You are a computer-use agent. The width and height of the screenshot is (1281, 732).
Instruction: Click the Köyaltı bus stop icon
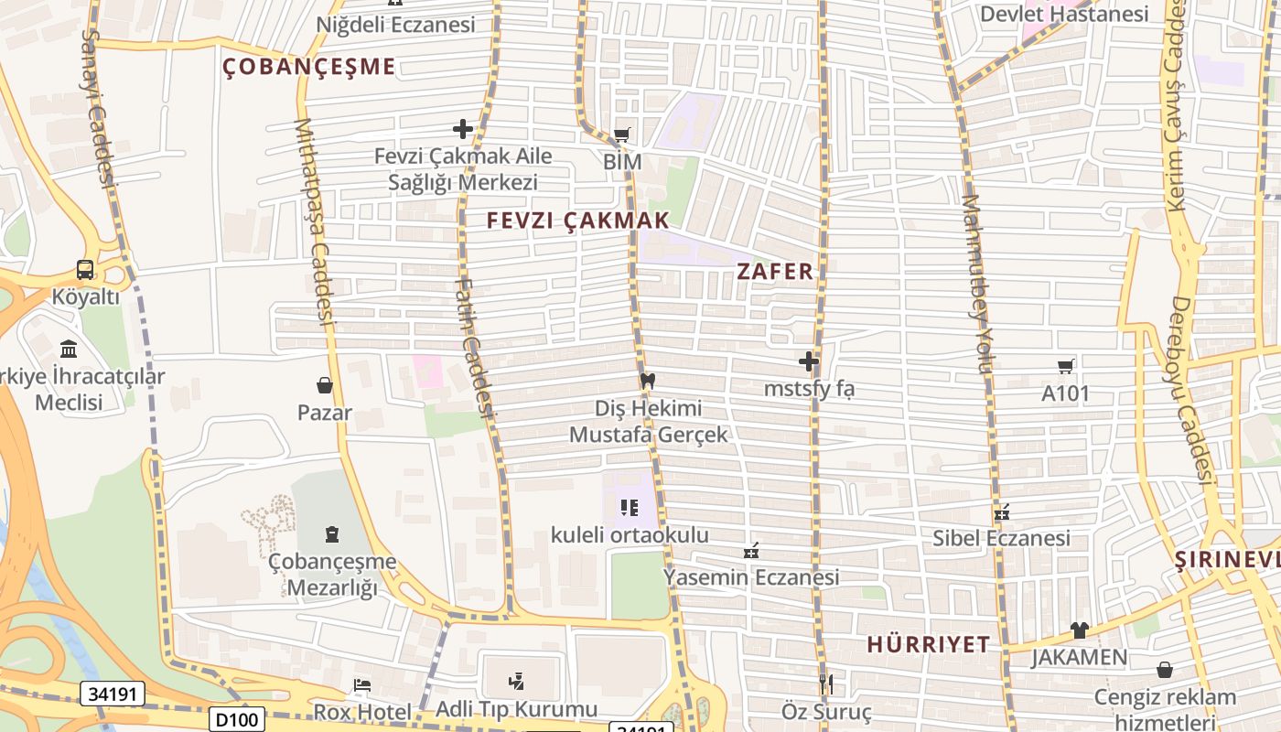click(x=85, y=270)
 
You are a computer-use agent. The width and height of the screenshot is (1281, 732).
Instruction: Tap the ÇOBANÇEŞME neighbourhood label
click(x=309, y=66)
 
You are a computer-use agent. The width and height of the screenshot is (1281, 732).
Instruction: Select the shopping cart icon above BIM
click(x=622, y=135)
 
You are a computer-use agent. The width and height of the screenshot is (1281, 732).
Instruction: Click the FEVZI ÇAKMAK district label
click(x=577, y=221)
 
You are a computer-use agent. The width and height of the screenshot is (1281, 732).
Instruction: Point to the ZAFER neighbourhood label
click(x=775, y=271)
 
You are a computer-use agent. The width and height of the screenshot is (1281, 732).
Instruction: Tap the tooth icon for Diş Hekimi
click(x=648, y=381)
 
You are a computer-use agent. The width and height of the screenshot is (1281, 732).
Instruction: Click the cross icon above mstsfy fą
click(x=809, y=361)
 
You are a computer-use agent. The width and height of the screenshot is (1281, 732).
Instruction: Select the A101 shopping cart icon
click(x=1065, y=367)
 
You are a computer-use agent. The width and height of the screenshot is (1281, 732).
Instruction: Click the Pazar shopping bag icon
click(x=324, y=385)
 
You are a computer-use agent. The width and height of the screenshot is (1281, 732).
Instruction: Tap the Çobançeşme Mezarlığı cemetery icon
click(x=331, y=534)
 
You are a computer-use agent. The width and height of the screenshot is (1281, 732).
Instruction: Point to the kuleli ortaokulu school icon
click(x=629, y=508)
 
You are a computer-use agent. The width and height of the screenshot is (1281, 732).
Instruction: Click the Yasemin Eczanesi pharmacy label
click(x=751, y=577)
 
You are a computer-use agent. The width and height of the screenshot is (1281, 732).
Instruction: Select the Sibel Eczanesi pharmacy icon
click(x=1002, y=511)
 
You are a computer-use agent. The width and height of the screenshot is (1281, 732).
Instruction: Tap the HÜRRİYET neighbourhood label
click(x=928, y=644)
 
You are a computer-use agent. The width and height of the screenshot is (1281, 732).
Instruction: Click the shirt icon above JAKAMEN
click(x=1080, y=630)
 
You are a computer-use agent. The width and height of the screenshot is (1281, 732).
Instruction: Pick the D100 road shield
click(x=237, y=720)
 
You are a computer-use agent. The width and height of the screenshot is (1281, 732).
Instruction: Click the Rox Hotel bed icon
click(x=362, y=685)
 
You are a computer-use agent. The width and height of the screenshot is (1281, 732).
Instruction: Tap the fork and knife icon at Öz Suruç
click(x=826, y=684)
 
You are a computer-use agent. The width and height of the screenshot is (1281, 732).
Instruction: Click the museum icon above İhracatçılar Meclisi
click(x=68, y=350)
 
